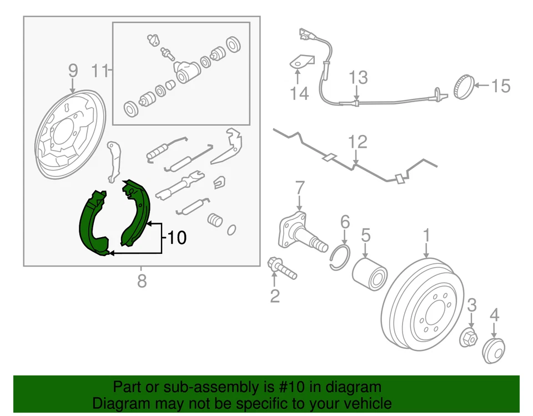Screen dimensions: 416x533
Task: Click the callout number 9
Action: point(73,71)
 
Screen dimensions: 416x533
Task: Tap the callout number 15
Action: point(499,86)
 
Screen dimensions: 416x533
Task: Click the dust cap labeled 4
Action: point(493,350)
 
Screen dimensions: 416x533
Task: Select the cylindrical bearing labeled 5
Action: point(369,270)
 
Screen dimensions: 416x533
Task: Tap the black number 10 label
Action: point(176,239)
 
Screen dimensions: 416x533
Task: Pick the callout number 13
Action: point(358,77)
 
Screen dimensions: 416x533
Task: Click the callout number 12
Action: point(358,142)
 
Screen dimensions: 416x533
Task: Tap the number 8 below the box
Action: point(142,281)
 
